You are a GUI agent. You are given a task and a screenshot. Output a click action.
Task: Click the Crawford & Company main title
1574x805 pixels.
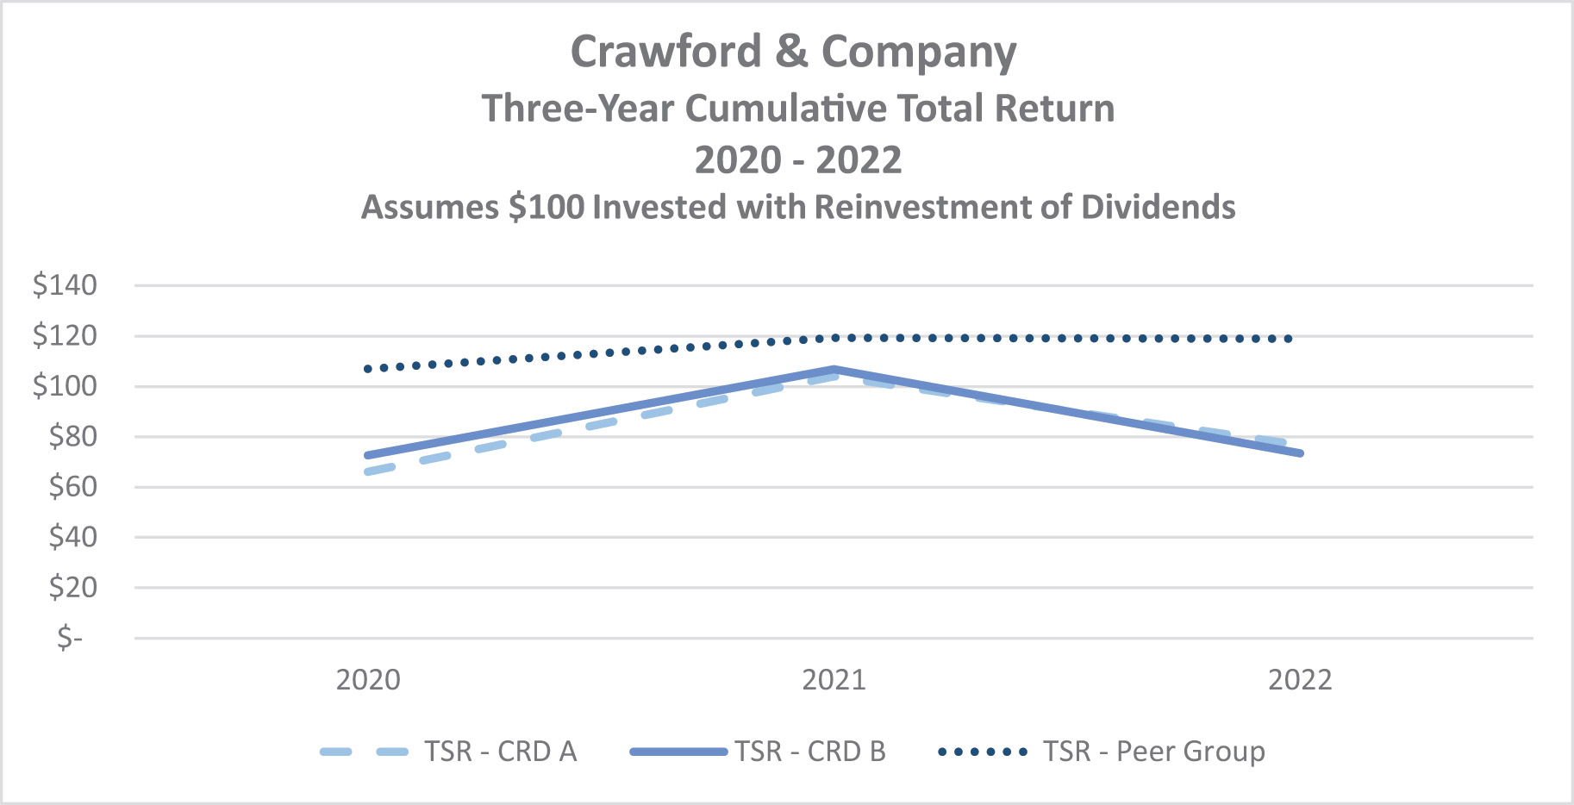[x=793, y=52]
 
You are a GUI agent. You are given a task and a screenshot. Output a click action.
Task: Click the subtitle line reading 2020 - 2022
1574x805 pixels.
[x=798, y=160]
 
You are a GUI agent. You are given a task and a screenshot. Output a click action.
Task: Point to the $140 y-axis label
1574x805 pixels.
[x=65, y=284]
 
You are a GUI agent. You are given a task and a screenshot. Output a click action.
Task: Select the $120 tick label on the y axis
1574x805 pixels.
[x=65, y=335]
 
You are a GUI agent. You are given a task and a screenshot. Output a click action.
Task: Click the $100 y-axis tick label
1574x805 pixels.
[x=65, y=385]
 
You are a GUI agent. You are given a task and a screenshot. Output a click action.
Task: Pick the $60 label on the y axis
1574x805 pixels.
[x=72, y=487]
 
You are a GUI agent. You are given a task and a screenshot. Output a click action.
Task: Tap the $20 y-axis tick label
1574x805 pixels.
[x=72, y=588]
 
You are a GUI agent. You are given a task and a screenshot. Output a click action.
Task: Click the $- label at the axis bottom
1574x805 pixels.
[x=70, y=638]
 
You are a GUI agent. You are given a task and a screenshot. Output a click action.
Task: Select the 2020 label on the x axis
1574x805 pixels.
[x=368, y=680]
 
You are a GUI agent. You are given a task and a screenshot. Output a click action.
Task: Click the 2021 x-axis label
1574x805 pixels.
[x=834, y=680]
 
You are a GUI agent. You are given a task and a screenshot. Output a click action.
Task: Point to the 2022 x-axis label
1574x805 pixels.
[x=1300, y=680]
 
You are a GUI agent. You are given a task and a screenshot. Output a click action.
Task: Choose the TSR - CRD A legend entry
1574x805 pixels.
[x=500, y=752]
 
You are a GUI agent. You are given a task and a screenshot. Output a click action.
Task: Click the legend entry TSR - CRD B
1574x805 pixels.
[x=810, y=752]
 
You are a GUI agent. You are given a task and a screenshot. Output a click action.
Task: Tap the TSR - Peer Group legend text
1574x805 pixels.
[x=1153, y=752]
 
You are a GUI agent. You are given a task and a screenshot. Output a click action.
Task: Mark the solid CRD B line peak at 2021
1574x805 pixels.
[x=834, y=370]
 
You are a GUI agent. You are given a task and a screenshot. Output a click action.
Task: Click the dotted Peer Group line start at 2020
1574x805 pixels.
[x=368, y=369]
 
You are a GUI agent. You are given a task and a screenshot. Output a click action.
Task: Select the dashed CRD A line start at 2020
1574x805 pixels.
[x=369, y=471]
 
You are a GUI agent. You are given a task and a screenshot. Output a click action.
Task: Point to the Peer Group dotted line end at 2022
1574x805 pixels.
[x=1290, y=339]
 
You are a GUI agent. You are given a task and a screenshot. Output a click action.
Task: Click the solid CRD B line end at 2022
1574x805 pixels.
[x=1300, y=453]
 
